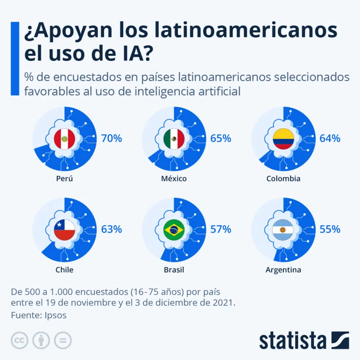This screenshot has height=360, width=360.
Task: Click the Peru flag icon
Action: tap(64, 139)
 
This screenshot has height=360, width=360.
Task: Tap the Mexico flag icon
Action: tap(174, 139)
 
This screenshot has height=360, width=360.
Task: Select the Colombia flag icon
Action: tap(283, 139)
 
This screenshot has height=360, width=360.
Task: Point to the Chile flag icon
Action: tap(64, 230)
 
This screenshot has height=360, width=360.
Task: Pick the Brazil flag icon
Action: tap(174, 230)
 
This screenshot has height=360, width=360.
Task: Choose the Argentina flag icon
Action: tap(283, 230)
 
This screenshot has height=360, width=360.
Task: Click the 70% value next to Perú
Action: tap(111, 138)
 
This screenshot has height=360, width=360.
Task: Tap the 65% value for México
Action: tap(221, 138)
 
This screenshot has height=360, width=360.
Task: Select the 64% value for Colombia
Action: tap(330, 138)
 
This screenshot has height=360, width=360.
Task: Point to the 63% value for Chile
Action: tap(111, 230)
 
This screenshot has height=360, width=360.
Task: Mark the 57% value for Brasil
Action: tap(221, 230)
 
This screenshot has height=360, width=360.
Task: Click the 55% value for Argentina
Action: tap(330, 230)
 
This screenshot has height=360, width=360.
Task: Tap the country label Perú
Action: tap(64, 178)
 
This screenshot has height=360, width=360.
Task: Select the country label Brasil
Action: tap(174, 270)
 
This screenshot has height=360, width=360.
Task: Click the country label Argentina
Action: tap(283, 270)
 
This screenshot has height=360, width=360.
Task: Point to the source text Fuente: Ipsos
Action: tap(39, 315)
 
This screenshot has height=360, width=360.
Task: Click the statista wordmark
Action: tap(293, 340)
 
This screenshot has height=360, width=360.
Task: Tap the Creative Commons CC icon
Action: tap(19, 340)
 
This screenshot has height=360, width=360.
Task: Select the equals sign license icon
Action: tap(63, 340)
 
